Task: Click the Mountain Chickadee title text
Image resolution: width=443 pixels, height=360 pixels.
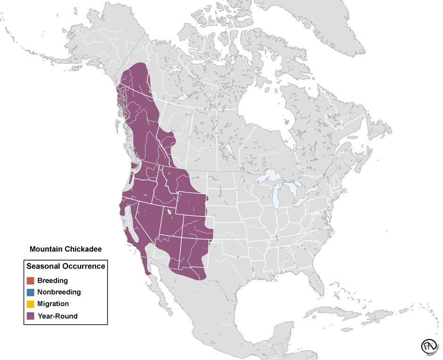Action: click(x=66, y=249)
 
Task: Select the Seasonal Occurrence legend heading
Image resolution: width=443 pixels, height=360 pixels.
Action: click(x=66, y=266)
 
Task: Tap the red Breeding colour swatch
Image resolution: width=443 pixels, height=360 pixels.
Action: click(x=31, y=281)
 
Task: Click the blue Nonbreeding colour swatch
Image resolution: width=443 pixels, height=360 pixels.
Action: click(x=31, y=292)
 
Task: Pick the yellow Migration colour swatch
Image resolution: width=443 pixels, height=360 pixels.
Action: click(x=31, y=304)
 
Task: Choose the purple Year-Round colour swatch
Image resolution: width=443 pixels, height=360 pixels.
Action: click(x=31, y=316)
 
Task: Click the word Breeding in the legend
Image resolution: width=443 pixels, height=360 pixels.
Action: click(x=52, y=281)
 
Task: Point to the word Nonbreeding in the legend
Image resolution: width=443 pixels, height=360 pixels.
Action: click(x=59, y=292)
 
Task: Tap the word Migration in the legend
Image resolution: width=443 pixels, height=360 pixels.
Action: click(x=53, y=304)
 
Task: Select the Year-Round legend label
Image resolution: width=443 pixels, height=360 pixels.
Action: click(x=57, y=316)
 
